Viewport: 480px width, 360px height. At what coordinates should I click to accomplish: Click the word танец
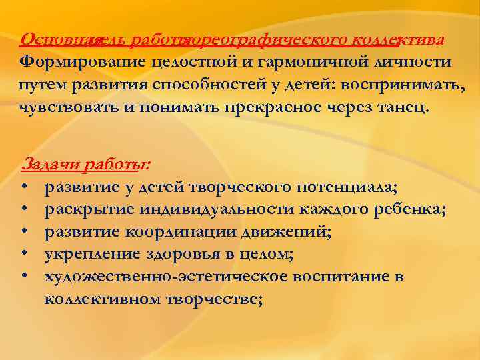tap(403, 107)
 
